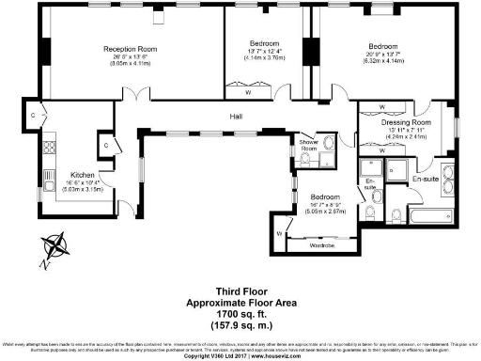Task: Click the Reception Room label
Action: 129,48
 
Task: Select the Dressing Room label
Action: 406,123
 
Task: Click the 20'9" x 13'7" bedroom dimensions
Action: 382,55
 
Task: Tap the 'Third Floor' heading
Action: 240,291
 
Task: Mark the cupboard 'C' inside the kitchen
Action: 106,147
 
